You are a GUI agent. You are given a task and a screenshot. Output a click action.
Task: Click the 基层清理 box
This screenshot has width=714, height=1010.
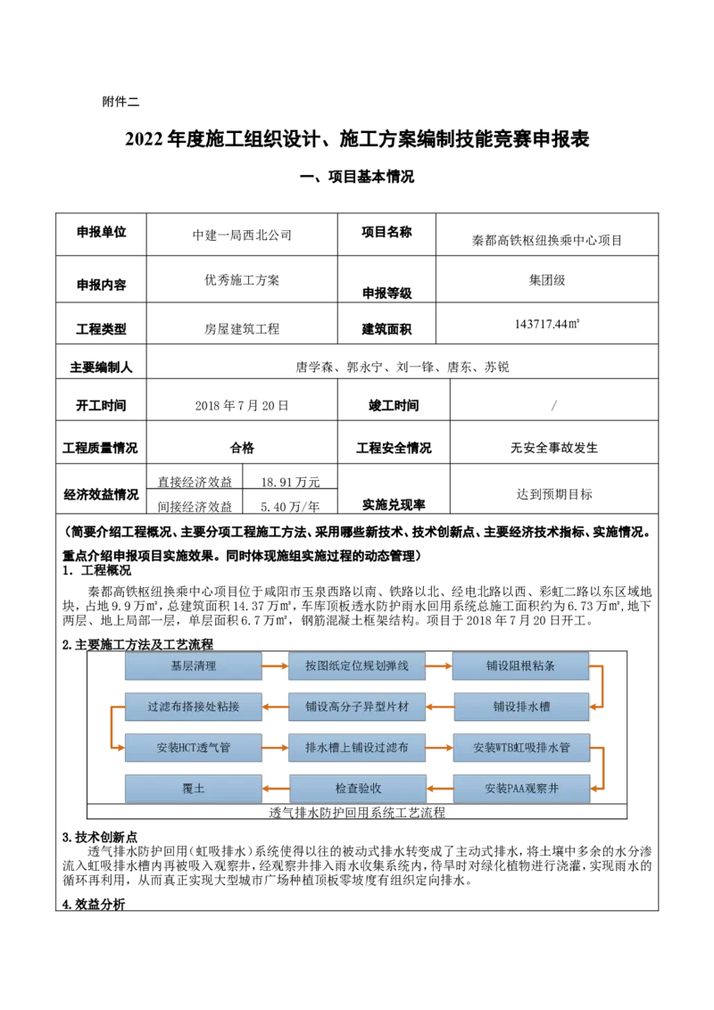[193, 666]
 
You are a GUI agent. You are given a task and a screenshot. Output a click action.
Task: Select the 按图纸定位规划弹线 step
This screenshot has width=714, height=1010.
[357, 666]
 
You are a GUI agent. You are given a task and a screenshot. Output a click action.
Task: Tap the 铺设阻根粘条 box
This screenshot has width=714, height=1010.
[521, 666]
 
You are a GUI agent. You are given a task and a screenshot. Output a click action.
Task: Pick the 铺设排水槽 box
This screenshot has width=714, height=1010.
[521, 707]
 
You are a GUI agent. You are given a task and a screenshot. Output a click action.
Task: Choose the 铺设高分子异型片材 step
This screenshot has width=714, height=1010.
[357, 707]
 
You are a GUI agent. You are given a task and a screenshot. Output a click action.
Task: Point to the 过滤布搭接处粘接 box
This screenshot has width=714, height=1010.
[193, 707]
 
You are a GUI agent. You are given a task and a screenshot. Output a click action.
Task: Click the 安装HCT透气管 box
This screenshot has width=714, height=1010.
[193, 748]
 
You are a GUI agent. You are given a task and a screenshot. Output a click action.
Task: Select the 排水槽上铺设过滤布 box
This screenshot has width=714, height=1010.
[357, 748]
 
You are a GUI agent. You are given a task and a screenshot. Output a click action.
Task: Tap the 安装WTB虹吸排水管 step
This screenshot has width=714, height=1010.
[521, 748]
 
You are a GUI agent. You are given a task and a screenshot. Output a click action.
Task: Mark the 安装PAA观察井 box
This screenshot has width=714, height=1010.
[521, 789]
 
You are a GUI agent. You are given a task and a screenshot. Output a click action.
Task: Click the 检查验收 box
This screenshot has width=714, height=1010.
[357, 789]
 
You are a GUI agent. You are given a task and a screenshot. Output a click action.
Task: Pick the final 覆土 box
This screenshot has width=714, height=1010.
[193, 789]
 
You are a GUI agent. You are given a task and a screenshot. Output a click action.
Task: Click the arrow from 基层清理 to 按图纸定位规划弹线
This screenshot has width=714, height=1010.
[275, 666]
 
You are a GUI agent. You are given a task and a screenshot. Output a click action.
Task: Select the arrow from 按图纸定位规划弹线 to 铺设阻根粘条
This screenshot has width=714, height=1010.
[439, 666]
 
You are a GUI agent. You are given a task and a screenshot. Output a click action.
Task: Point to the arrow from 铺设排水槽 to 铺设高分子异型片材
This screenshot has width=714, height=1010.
[439, 707]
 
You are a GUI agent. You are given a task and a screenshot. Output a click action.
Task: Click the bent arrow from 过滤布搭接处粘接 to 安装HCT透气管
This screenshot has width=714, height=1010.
[111, 727]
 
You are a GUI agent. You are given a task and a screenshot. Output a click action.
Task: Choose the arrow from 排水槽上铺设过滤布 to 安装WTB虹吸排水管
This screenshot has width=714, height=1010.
[439, 748]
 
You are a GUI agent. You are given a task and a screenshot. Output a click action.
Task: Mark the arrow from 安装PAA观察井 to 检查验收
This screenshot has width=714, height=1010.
[439, 789]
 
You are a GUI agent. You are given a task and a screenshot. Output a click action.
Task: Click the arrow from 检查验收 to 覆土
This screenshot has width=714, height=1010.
[275, 789]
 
